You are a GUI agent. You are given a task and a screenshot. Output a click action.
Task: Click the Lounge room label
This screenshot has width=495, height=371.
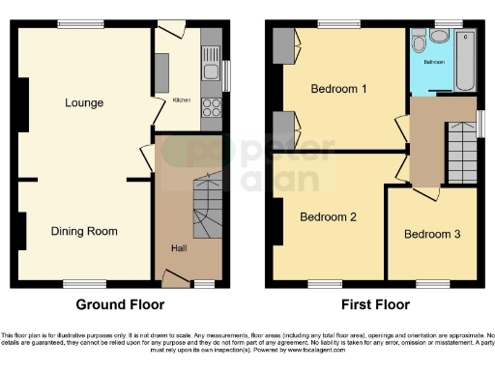click(x=85, y=102)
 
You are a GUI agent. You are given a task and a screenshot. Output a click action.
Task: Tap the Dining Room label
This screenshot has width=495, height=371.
click(x=84, y=231)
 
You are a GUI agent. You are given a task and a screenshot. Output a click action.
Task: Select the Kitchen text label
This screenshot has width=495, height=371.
click(x=181, y=100)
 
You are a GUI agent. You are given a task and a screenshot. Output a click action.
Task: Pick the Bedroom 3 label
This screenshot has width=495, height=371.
click(x=432, y=234)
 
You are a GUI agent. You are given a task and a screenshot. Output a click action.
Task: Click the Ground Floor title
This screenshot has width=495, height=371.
click(x=121, y=304)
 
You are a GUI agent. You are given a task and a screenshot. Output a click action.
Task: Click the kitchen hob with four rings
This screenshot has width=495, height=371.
click(x=212, y=107)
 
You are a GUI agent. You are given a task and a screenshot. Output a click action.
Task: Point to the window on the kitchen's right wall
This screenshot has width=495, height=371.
click(x=227, y=74)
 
